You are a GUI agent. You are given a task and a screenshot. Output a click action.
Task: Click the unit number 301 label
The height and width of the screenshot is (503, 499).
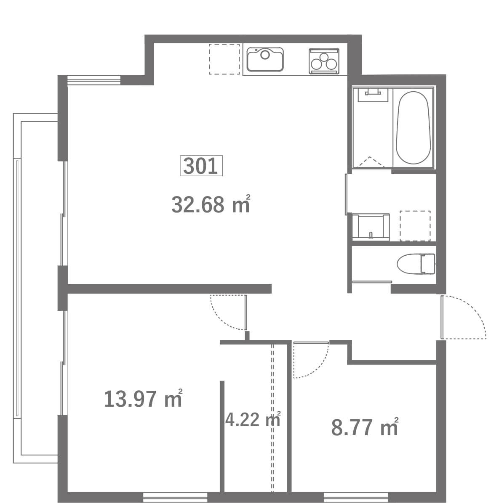[201, 166]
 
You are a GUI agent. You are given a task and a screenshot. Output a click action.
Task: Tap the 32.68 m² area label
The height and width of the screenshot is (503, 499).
[211, 204]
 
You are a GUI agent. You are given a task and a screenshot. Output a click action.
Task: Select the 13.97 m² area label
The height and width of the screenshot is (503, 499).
[143, 398]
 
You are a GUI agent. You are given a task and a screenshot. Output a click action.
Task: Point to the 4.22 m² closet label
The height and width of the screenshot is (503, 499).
[253, 420]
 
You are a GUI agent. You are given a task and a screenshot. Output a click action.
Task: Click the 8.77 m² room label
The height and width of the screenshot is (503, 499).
[365, 427]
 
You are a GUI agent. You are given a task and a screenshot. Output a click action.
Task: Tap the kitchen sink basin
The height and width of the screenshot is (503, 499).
[265, 59]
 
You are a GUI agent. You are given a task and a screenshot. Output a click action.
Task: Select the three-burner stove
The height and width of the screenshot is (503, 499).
[324, 61]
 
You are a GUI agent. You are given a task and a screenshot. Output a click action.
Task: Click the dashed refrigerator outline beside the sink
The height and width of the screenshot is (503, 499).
[224, 59]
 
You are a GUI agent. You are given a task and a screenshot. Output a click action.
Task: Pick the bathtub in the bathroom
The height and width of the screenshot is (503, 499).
[413, 128]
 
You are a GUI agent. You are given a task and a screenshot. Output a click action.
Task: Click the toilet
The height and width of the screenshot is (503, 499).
[416, 264]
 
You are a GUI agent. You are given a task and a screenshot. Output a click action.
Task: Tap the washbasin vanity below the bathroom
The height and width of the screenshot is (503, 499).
[371, 227]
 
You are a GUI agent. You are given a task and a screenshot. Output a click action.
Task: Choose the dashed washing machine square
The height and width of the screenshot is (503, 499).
[415, 226]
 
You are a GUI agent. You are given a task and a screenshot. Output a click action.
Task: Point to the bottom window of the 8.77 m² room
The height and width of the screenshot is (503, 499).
[356, 498]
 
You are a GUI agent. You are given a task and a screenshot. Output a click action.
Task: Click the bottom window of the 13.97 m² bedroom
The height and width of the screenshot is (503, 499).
[175, 498]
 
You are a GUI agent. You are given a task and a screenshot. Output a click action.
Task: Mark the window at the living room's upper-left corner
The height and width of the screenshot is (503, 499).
[94, 80]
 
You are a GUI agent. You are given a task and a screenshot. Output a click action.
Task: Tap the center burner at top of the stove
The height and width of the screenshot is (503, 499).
[324, 57]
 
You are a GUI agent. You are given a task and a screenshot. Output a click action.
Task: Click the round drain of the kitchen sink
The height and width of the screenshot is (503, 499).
[265, 55]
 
